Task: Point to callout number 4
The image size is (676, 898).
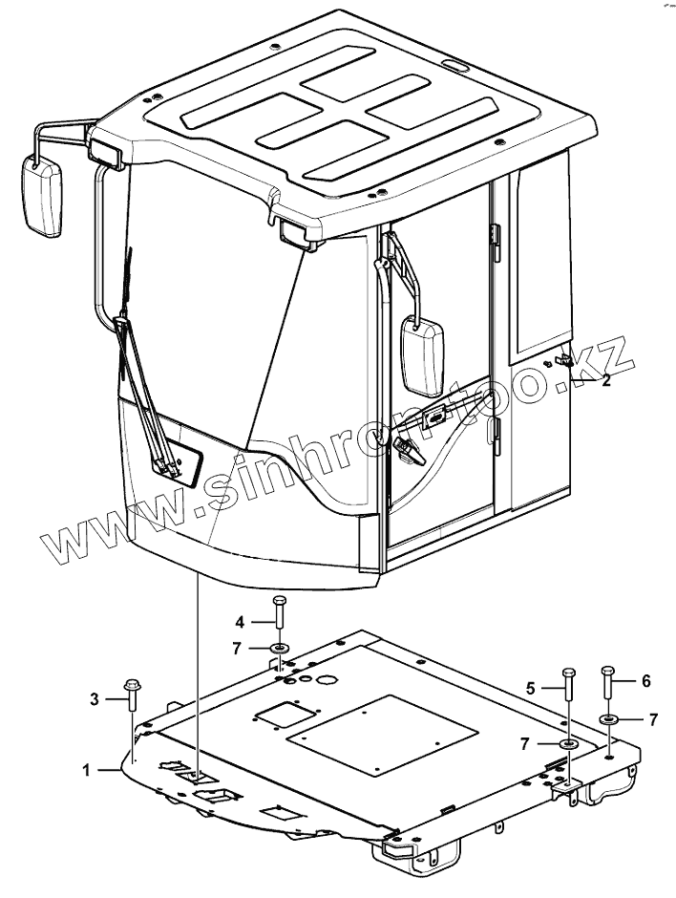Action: point(241,622)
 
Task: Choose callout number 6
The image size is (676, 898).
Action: point(645,681)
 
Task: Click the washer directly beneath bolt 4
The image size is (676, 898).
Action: point(278,650)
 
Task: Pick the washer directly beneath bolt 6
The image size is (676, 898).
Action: point(608,718)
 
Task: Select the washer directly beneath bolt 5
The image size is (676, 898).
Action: point(569,744)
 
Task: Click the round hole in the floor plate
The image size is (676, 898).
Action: point(326,681)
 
